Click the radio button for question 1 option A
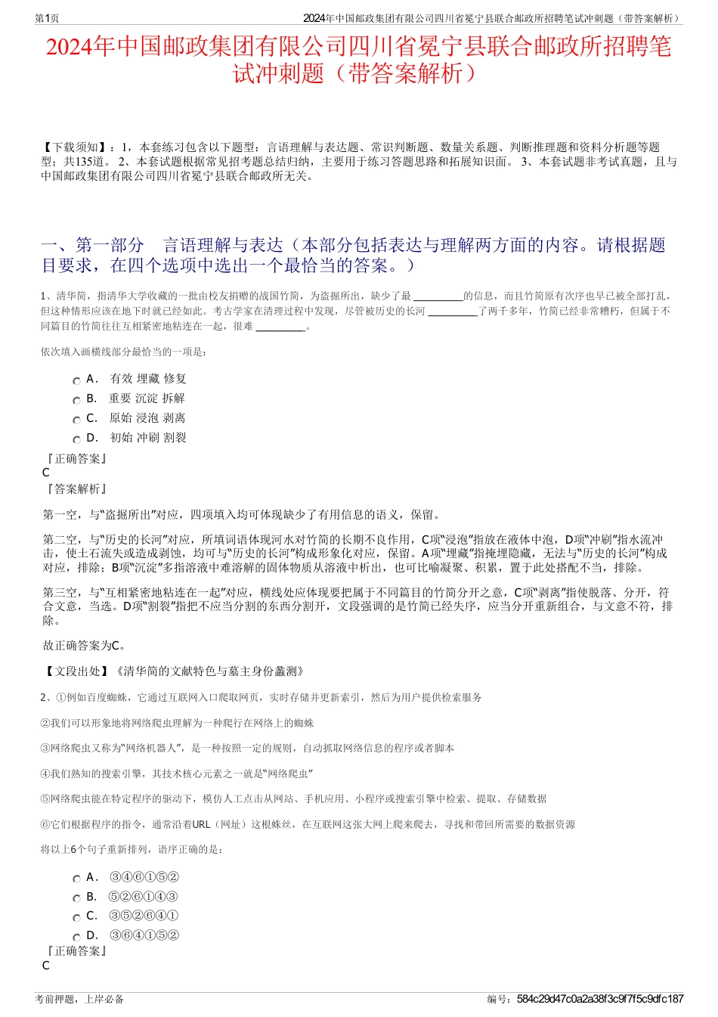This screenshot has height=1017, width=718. pyautogui.click(x=76, y=381)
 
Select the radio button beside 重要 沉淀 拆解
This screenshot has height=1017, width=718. pyautogui.click(x=76, y=401)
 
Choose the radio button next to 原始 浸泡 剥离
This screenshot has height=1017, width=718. pyautogui.click(x=76, y=420)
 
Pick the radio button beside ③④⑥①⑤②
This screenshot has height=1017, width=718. pyautogui.click(x=76, y=879)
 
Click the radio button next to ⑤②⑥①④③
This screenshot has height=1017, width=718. pyautogui.click(x=76, y=899)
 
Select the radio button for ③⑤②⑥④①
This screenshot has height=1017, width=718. pyautogui.click(x=76, y=918)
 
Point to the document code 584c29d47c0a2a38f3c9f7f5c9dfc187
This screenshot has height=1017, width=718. pyautogui.click(x=600, y=999)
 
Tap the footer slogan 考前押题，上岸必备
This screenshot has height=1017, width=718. pyautogui.click(x=79, y=999)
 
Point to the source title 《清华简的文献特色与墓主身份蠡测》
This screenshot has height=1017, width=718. pyautogui.click(x=210, y=671)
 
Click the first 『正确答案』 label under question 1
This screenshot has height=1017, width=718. pyautogui.click(x=76, y=459)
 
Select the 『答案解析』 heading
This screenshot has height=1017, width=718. pyautogui.click(x=76, y=489)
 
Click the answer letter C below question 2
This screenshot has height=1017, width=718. pyautogui.click(x=46, y=966)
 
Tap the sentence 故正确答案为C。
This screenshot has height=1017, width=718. pyautogui.click(x=85, y=646)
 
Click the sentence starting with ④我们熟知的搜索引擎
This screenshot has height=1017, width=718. pyautogui.click(x=177, y=774)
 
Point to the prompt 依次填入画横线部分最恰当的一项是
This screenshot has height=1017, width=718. pyautogui.click(x=124, y=352)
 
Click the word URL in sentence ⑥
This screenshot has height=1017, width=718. pyautogui.click(x=201, y=824)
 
